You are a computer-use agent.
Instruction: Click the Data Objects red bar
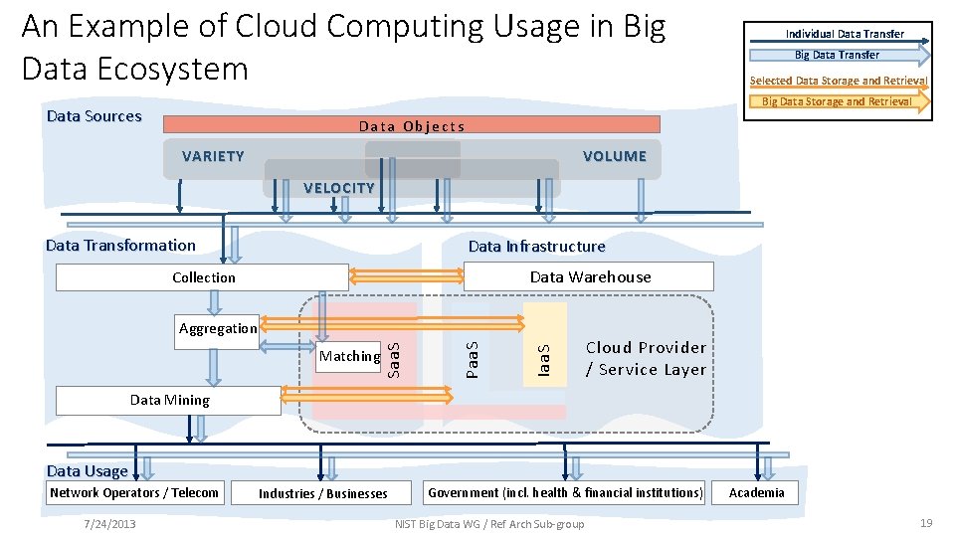click(411, 125)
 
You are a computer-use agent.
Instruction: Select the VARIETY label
click(213, 156)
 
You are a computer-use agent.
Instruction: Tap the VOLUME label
click(614, 156)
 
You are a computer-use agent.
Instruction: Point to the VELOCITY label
click(339, 188)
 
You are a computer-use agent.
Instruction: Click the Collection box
click(202, 277)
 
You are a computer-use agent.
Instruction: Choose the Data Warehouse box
click(589, 276)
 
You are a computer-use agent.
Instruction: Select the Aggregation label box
click(218, 328)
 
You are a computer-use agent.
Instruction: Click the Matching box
click(349, 356)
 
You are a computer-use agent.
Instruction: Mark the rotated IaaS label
click(543, 359)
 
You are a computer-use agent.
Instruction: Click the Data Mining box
click(169, 400)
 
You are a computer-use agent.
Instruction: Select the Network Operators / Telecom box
click(134, 492)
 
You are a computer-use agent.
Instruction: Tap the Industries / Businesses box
click(323, 493)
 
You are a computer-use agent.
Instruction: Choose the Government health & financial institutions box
click(565, 492)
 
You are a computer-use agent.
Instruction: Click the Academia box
click(756, 492)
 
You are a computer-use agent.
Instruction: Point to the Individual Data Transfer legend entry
click(844, 34)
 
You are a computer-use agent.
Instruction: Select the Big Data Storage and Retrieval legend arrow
click(837, 101)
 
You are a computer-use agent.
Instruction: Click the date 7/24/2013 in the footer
click(110, 523)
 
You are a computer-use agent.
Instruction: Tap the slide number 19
click(926, 523)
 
